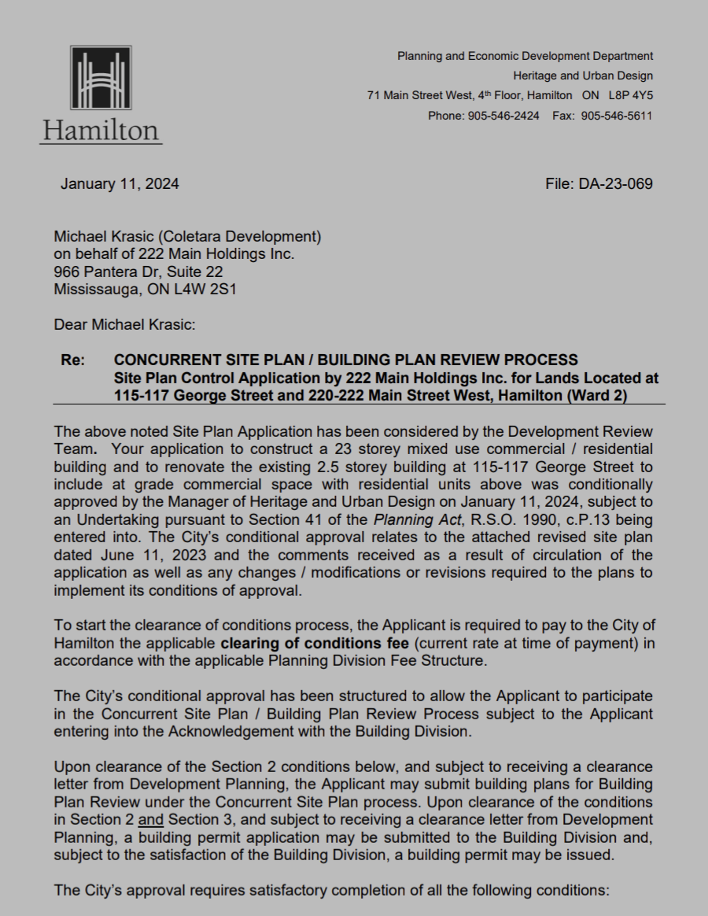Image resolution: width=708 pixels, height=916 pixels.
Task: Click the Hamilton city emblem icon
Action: click(101, 82)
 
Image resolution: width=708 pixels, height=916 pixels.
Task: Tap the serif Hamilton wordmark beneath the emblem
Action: click(101, 130)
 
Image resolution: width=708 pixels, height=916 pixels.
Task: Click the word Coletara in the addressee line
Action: click(197, 235)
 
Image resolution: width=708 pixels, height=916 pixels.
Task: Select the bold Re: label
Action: click(74, 360)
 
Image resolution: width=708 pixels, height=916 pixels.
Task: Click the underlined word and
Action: click(161, 818)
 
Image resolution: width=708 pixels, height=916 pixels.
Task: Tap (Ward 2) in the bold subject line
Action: click(596, 396)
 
